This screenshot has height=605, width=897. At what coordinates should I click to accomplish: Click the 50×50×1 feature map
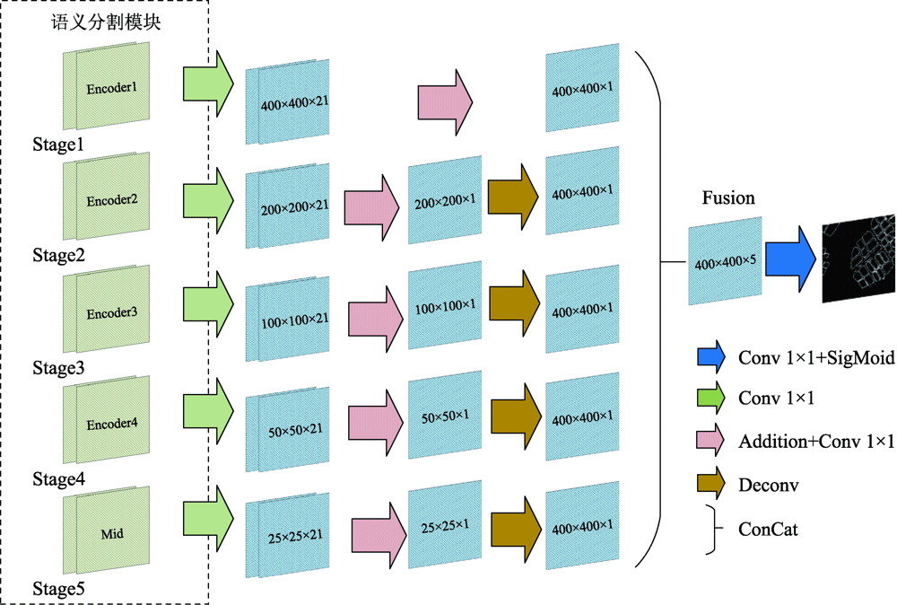tap(444, 418)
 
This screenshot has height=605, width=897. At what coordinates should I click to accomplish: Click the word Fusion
tap(729, 198)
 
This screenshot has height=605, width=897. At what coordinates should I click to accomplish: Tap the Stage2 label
tap(58, 257)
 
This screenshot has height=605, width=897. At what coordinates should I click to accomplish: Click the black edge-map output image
tap(859, 258)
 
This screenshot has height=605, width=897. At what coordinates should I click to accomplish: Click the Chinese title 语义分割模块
tap(106, 23)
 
